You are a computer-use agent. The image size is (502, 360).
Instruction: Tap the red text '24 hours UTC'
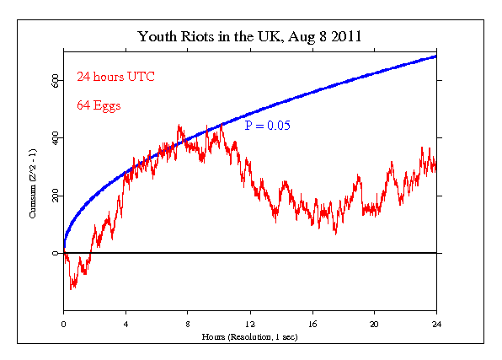[x=115, y=77]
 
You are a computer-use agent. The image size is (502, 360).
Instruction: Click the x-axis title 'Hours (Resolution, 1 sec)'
[x=250, y=336]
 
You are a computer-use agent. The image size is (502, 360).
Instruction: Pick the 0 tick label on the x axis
[x=63, y=324]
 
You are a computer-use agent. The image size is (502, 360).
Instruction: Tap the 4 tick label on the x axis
[x=125, y=324]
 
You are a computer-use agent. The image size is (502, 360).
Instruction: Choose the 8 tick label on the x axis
[x=188, y=324]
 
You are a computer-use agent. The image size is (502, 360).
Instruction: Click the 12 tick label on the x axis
[x=250, y=324]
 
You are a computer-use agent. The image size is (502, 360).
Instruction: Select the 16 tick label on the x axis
[x=312, y=324]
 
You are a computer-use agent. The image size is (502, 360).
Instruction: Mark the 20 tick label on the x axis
[x=375, y=324]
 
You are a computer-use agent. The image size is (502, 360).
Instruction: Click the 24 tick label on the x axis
[x=436, y=324]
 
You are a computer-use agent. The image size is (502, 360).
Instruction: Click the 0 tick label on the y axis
[x=56, y=253]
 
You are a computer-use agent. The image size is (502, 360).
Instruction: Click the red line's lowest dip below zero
[x=72, y=288]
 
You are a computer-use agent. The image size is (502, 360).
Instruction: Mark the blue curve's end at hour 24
[x=435, y=56]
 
